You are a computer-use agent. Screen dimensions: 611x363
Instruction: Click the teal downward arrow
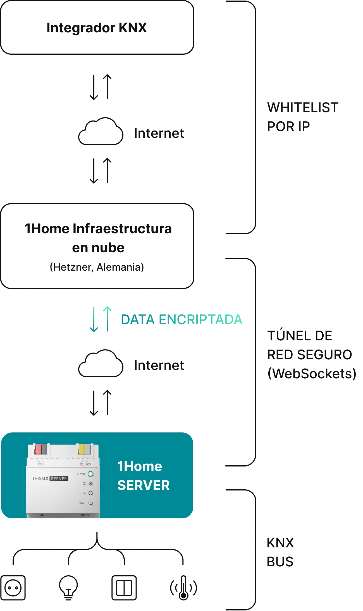(x=94, y=319)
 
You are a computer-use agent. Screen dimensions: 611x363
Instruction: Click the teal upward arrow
(x=107, y=319)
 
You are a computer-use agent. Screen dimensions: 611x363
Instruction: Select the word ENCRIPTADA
(x=200, y=319)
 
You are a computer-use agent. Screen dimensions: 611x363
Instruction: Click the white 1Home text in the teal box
(x=140, y=466)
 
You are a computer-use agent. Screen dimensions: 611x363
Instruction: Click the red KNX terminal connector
(x=38, y=449)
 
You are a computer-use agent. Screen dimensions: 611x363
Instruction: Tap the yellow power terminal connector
(x=82, y=449)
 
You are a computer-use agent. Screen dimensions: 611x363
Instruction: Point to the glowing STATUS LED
(x=90, y=474)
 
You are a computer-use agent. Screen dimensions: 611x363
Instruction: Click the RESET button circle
(x=90, y=503)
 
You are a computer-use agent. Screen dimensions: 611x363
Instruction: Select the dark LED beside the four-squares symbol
(x=90, y=483)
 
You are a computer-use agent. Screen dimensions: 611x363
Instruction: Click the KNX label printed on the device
(x=41, y=465)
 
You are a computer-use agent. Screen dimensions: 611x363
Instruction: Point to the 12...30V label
(x=85, y=465)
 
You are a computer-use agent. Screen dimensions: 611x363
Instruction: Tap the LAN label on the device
(x=41, y=515)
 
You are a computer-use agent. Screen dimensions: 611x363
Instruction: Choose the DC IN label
(x=85, y=515)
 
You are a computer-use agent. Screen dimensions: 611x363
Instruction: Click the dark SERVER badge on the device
(x=59, y=478)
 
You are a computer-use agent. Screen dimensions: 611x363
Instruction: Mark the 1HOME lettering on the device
(x=40, y=478)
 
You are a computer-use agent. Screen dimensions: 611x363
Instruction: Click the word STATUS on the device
(x=81, y=474)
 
